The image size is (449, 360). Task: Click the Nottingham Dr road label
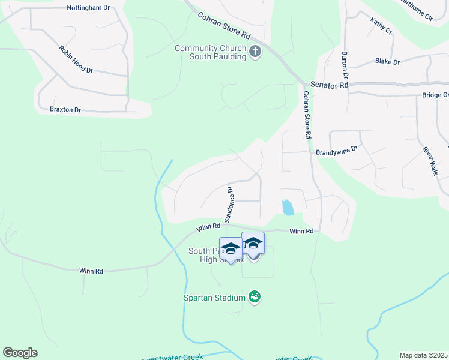[88, 8]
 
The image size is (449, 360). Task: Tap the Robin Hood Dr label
[76, 59]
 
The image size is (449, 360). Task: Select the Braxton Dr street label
[65, 110]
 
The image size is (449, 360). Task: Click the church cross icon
[255, 52]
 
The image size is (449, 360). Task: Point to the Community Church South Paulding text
[210, 52]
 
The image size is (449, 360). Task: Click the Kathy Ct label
[381, 26]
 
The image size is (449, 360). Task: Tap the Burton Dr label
[345, 66]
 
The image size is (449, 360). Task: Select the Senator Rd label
[329, 86]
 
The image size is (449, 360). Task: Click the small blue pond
[288, 207]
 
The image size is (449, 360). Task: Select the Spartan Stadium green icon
[255, 297]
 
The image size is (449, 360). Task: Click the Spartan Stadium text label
[214, 298]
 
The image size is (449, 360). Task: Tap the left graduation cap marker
[231, 248]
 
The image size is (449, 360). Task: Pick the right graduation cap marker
[253, 242]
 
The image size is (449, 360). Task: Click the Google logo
[20, 353]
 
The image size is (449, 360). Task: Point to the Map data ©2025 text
[423, 355]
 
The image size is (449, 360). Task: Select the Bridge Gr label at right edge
[435, 95]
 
